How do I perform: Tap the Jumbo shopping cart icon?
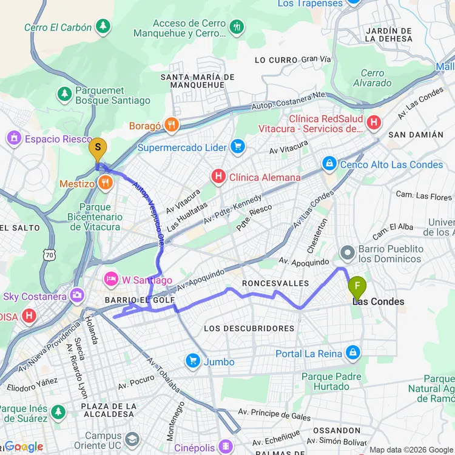pos(193,362)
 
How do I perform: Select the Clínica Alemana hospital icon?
pos(218,177)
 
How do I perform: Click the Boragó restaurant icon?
pos(172,126)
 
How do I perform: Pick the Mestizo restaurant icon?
pos(106,182)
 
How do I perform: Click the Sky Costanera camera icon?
pos(77,296)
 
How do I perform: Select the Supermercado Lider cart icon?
pos(237,147)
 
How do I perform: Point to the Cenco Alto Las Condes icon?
pos(329,164)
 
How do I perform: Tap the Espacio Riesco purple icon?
pos(14,139)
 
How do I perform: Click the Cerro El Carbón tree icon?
pos(104,27)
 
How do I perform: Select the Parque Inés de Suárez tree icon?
pos(58,412)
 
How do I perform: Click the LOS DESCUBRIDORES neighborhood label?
pos(249,328)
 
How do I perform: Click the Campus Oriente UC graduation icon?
pos(132,439)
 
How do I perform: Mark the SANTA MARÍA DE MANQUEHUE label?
pos(197,81)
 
